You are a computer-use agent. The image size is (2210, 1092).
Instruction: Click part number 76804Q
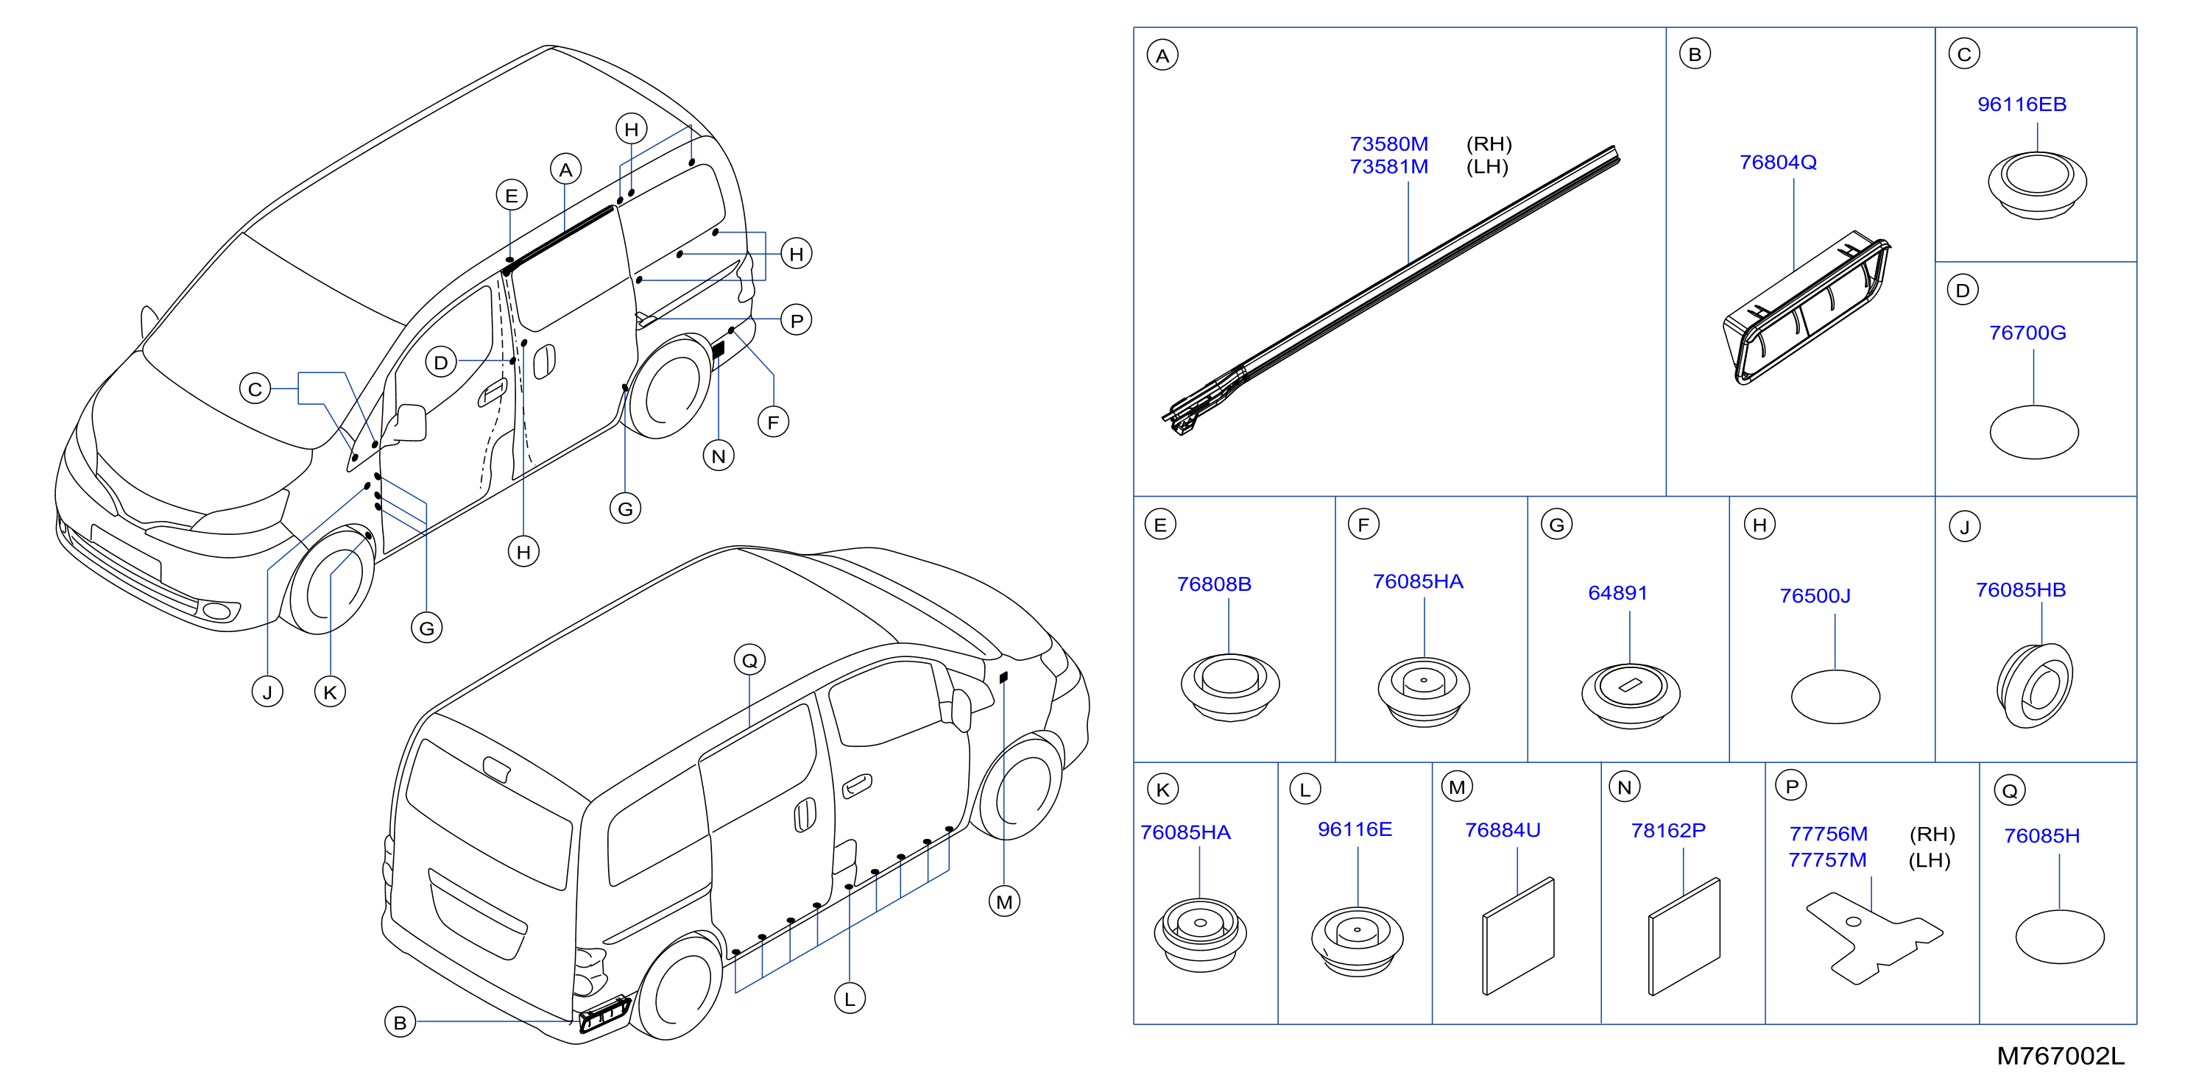pyautogui.click(x=1778, y=162)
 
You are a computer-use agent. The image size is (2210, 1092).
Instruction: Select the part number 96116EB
pyautogui.click(x=2022, y=104)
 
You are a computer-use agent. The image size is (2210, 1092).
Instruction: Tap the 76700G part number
pyautogui.click(x=2027, y=333)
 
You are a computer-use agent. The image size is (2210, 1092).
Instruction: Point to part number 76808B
pyautogui.click(x=1214, y=584)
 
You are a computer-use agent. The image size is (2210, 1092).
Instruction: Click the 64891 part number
pyautogui.click(x=1617, y=593)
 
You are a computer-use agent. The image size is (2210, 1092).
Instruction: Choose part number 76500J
pyautogui.click(x=1815, y=595)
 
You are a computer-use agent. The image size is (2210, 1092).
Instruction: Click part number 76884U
pyautogui.click(x=1503, y=830)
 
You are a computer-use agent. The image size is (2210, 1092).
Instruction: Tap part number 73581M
pyautogui.click(x=1389, y=167)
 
